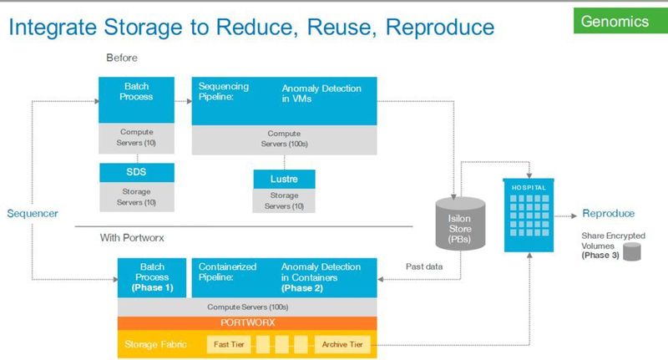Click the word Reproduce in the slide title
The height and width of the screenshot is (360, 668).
tap(435, 27)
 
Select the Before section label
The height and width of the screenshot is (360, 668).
tap(121, 58)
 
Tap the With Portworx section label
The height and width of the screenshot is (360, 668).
tap(133, 237)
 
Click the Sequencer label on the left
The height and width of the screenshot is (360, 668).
tap(33, 213)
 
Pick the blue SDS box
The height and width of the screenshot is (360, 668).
tap(137, 172)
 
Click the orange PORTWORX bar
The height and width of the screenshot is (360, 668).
tap(248, 322)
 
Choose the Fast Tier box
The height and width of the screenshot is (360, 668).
tap(228, 343)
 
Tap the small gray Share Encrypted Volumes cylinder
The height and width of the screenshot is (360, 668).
tap(631, 251)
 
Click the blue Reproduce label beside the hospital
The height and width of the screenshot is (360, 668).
tap(608, 213)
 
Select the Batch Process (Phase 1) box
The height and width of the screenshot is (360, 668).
tap(152, 276)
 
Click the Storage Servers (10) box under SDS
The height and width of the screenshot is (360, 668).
tap(137, 197)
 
